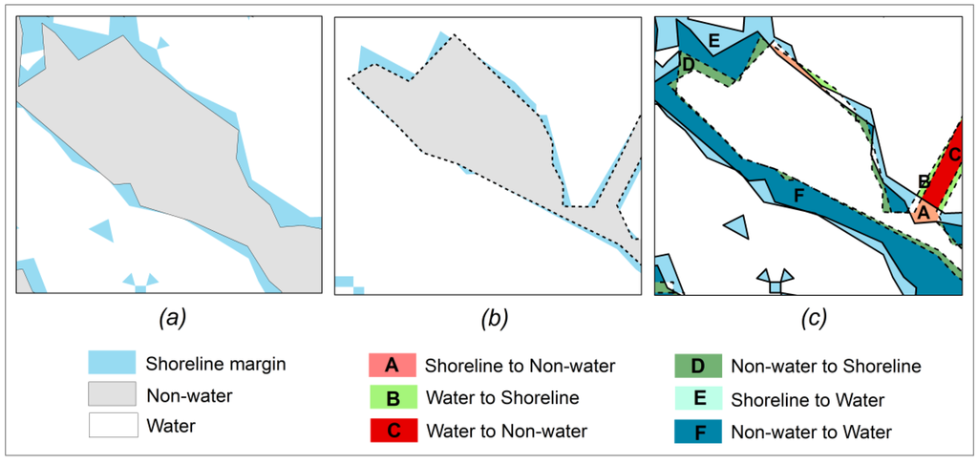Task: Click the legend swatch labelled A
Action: tap(392, 365)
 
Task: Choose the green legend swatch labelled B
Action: tap(392, 398)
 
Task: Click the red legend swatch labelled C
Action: tap(392, 432)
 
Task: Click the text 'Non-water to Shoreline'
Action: tap(825, 366)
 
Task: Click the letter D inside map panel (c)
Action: tap(687, 66)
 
